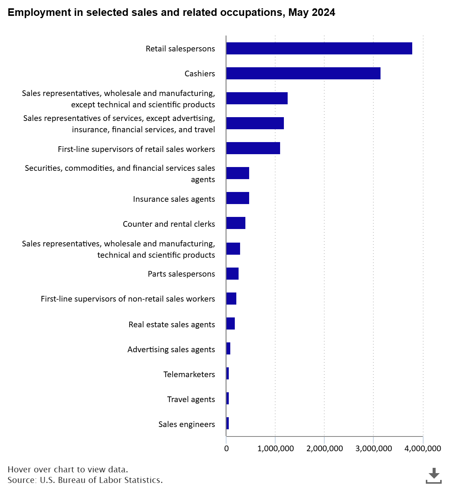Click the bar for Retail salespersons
pos(319,49)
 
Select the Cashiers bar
pos(303,73)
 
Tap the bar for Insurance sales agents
pos(237,198)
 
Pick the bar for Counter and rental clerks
pos(236,223)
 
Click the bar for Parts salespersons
pos(232,273)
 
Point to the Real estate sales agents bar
pos(230,323)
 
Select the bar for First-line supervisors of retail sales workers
pos(253,148)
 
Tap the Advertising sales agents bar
pos(228,348)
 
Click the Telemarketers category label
pos(189,374)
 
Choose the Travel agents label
pos(191,399)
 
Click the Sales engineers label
pos(186,424)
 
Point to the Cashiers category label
pos(200,73)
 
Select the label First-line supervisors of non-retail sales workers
pos(128,299)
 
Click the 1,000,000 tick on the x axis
pos(275,448)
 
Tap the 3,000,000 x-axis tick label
pos(373,448)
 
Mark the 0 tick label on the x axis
pos(226,448)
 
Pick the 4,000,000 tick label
pos(422,448)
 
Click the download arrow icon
pos(433,476)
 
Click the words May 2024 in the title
pos(311,12)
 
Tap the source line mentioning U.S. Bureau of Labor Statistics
pos(85,480)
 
